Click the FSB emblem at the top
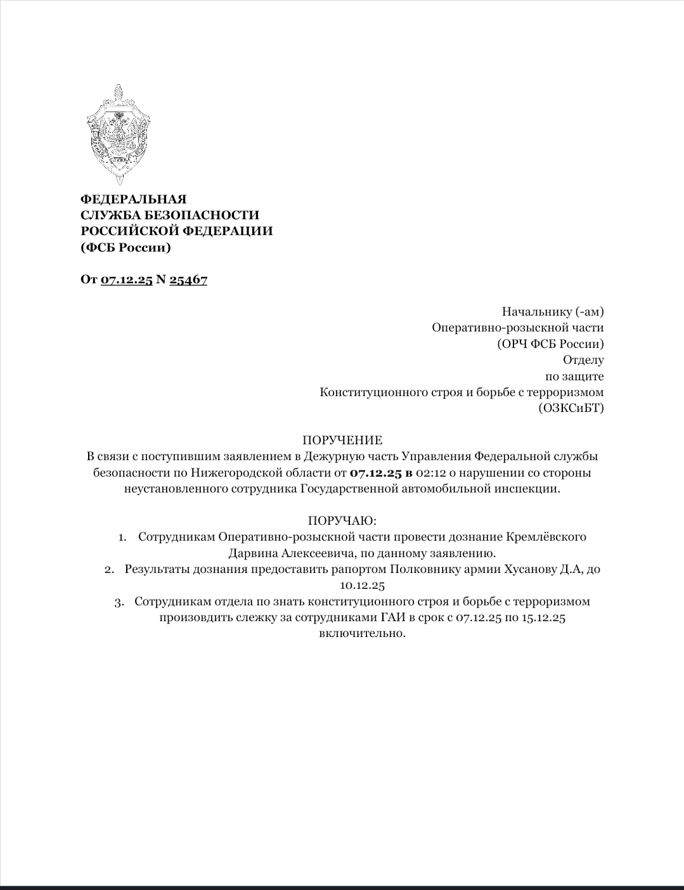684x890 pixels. point(119,134)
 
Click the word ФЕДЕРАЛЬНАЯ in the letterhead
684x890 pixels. point(134,199)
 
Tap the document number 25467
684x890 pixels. point(188,280)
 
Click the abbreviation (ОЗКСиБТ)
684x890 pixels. point(571,408)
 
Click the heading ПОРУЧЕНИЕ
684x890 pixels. point(342,440)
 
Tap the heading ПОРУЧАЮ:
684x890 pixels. point(342,520)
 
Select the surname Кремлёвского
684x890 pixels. point(546,537)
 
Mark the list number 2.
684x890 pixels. point(109,569)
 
